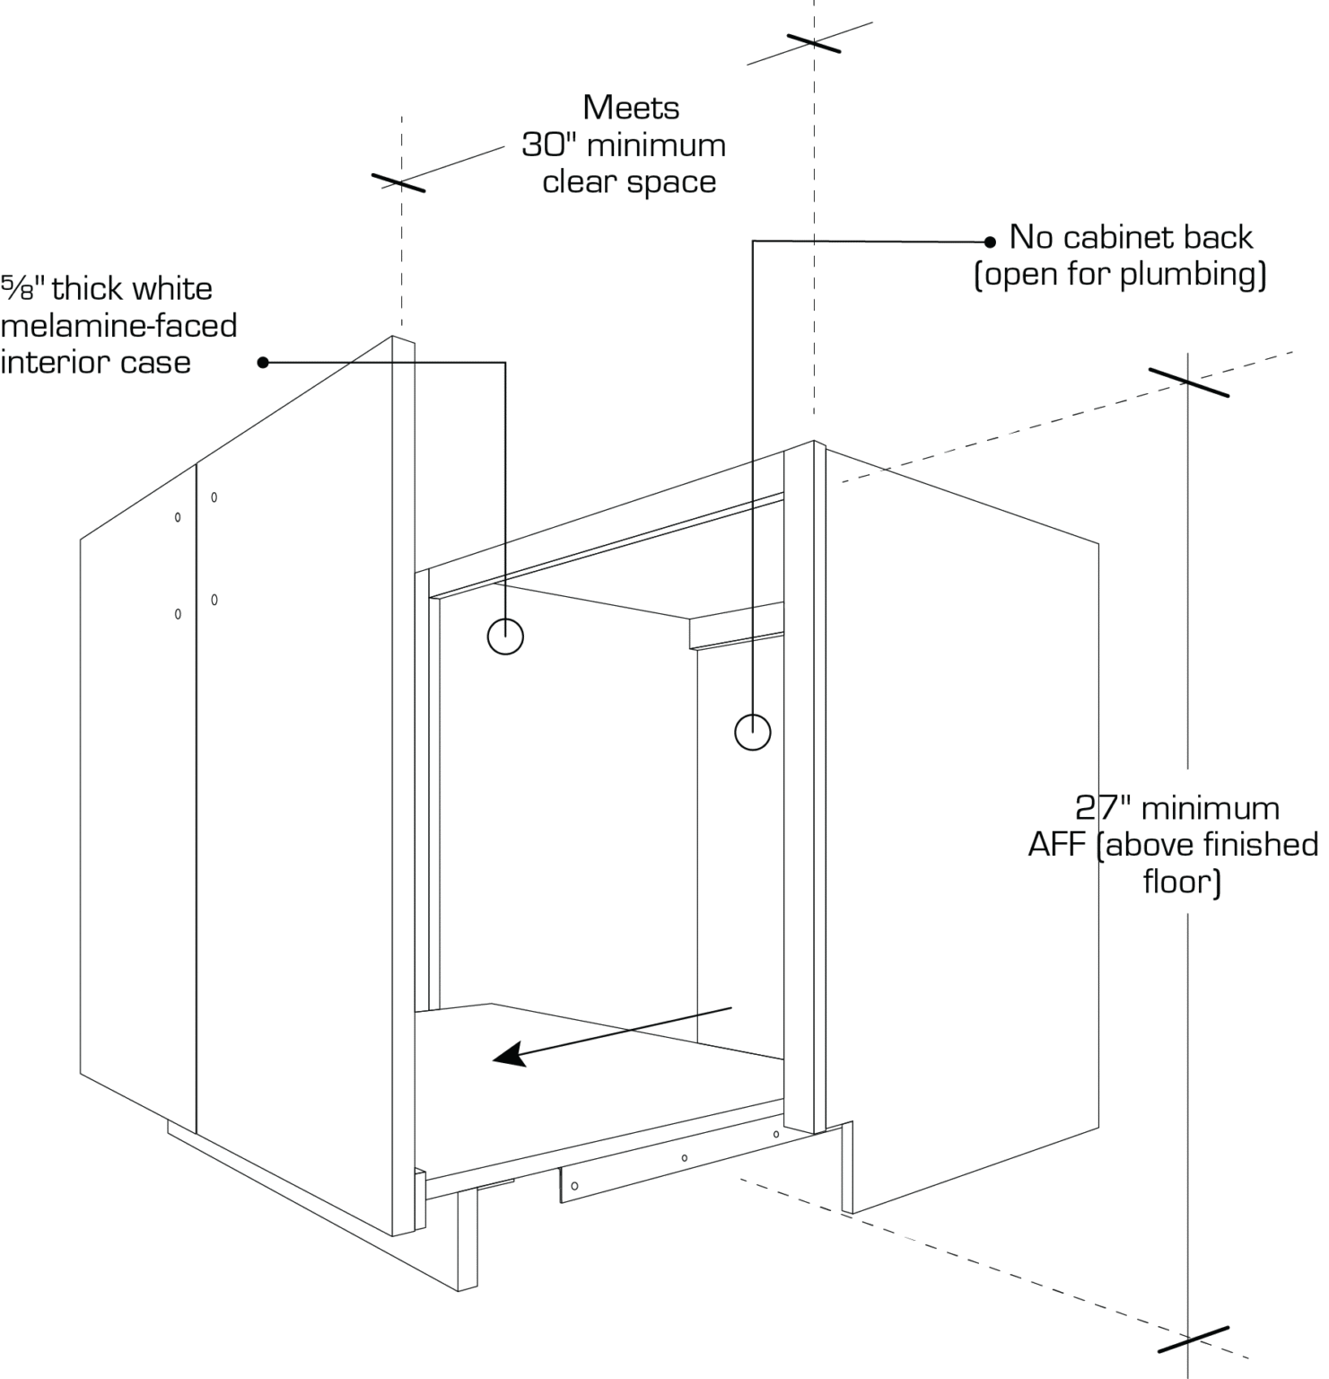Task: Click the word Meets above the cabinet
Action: coord(631,108)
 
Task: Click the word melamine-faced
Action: coord(118,325)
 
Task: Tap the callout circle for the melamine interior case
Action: coord(505,637)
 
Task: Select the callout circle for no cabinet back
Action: coord(752,732)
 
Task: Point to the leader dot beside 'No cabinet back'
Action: coord(990,242)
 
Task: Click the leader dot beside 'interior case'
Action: coord(263,363)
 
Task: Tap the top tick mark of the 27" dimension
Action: coord(1188,382)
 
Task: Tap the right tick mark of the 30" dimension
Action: coord(814,43)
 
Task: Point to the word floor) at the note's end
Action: coord(1182,883)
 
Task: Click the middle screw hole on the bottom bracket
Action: coord(685,1158)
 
